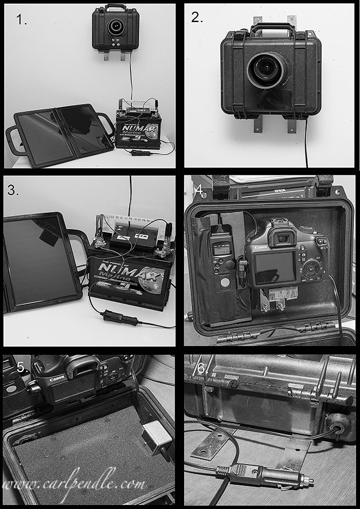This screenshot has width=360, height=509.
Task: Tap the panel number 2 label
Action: [x=197, y=17]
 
